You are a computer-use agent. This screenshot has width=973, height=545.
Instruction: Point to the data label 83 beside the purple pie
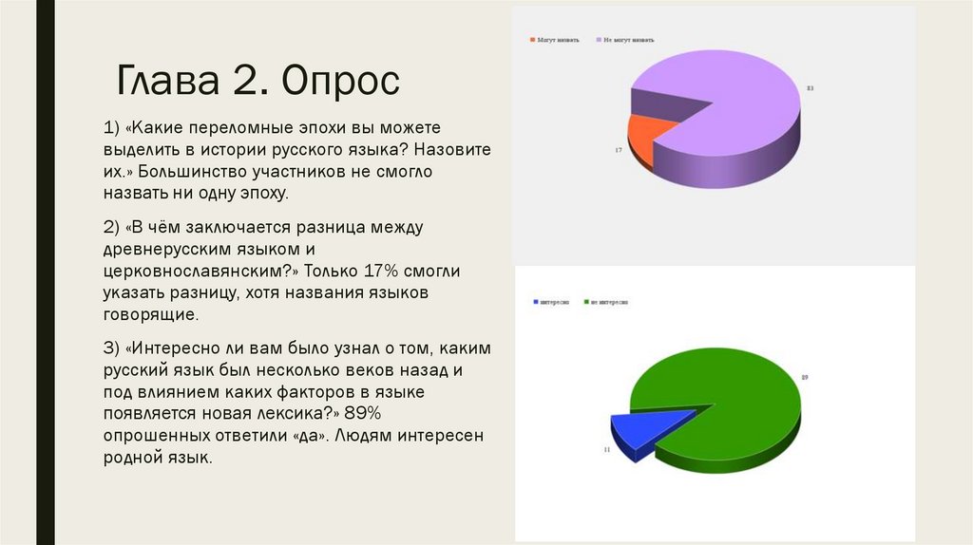811,88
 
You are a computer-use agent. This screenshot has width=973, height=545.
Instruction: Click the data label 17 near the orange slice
618,151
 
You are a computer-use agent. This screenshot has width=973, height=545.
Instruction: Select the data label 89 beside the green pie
804,378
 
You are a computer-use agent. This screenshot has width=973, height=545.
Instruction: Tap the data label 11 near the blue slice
605,448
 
